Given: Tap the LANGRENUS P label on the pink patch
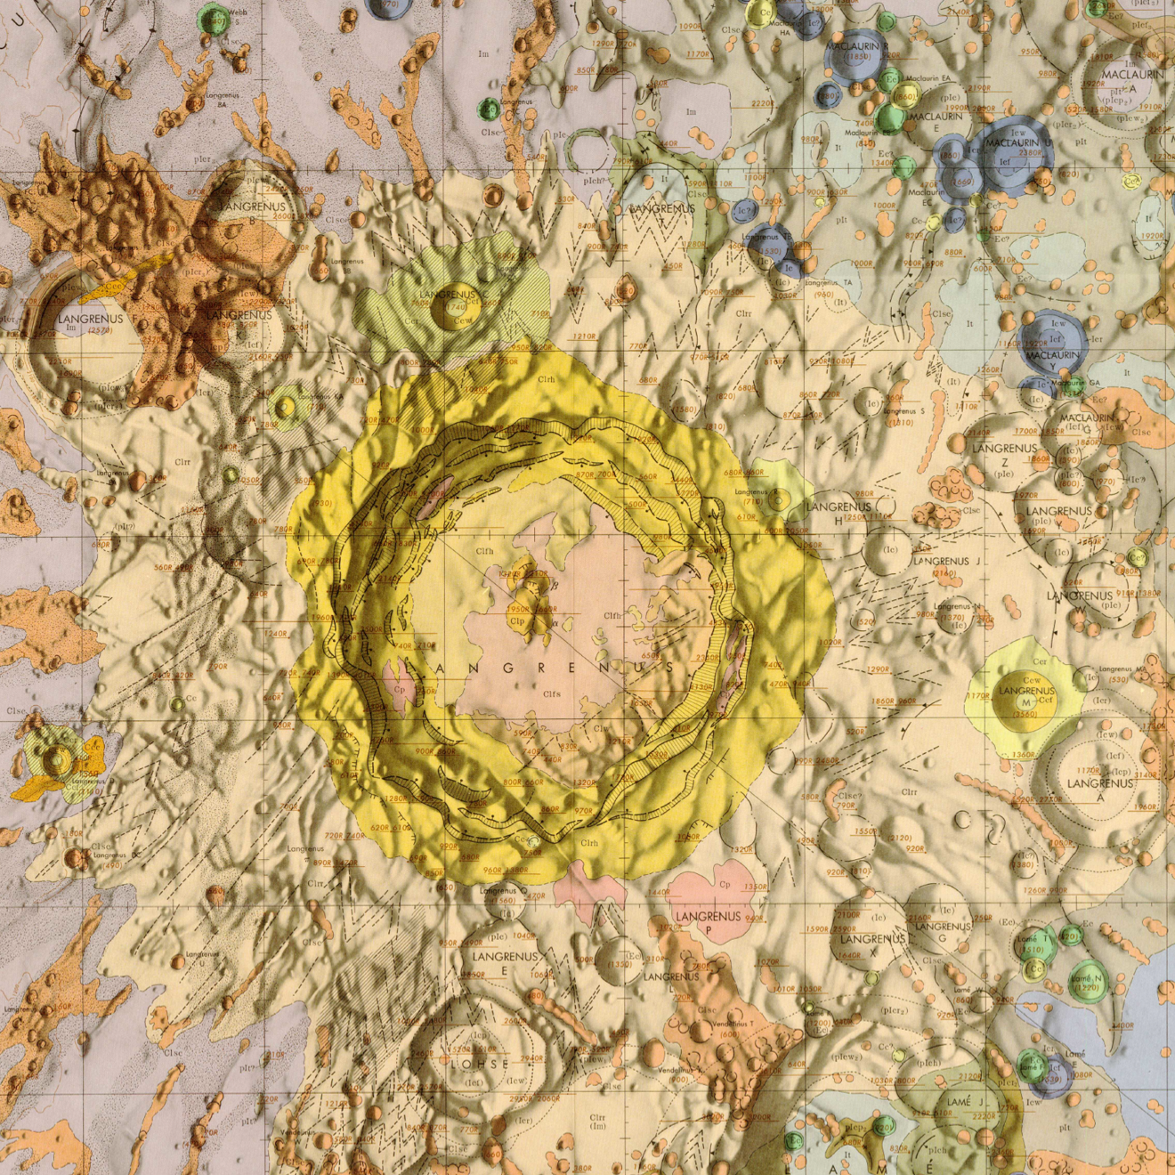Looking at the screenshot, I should click(709, 923).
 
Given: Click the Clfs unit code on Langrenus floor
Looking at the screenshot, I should click(551, 693).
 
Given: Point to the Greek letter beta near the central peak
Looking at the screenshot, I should click(555, 585).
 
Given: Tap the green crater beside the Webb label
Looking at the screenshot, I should click(213, 17).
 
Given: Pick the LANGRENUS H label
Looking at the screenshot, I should click(838, 512).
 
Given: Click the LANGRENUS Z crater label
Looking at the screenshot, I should click(1004, 455).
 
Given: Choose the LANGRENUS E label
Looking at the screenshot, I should click(505, 962).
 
